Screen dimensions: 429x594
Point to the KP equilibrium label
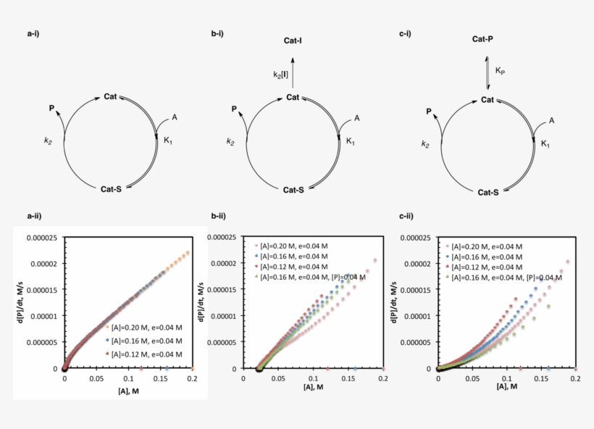pyautogui.click(x=501, y=71)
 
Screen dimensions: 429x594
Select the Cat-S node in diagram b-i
pyautogui.click(x=293, y=190)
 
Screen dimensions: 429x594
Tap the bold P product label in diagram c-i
pyautogui.click(x=429, y=112)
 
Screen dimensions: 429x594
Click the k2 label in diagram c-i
pyautogui.click(x=427, y=144)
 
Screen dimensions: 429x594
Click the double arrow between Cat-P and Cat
pyautogui.click(x=487, y=70)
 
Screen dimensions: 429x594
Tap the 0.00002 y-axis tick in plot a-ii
pyautogui.click(x=43, y=264)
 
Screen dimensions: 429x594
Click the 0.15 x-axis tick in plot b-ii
pyautogui.click(x=348, y=378)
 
